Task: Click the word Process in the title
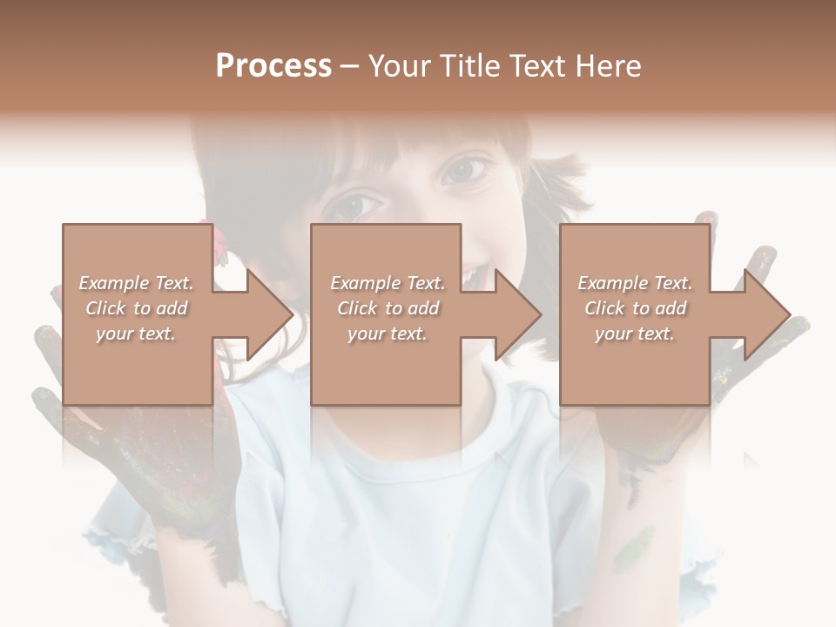coord(273,66)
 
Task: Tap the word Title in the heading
coord(464,66)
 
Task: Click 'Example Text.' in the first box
coord(136,283)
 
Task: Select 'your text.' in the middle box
coord(387,334)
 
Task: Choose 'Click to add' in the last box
coord(635,308)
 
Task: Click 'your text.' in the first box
coord(136,334)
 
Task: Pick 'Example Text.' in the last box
coord(635,283)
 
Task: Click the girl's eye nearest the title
coord(468,167)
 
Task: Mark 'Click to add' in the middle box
coord(387,308)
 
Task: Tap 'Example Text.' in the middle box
coord(387,283)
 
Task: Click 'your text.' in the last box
coord(635,334)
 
